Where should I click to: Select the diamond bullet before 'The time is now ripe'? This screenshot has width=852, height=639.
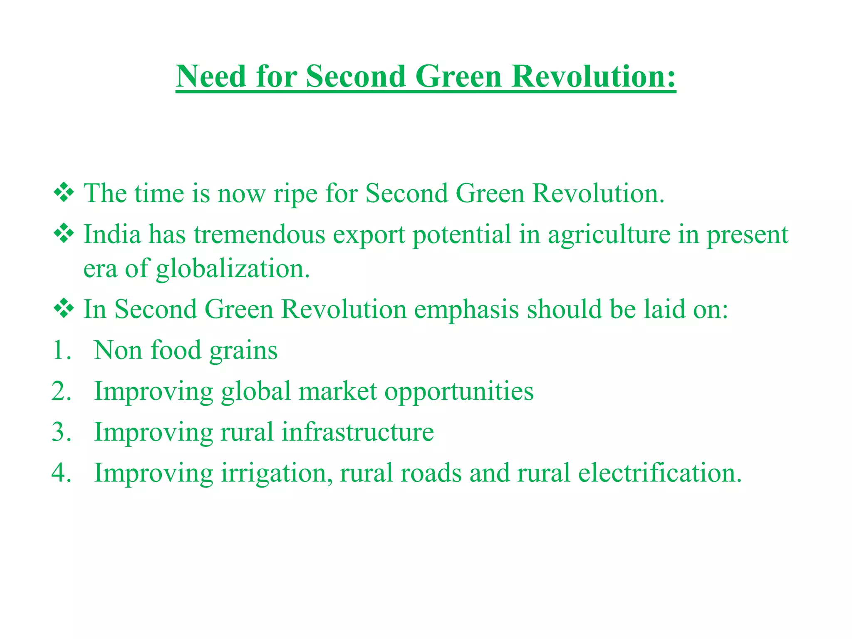[x=64, y=193]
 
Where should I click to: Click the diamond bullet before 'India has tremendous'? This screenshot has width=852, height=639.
[x=64, y=234]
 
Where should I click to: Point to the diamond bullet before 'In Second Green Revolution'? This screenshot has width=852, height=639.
[x=64, y=309]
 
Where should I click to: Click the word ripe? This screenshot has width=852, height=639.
[x=295, y=194]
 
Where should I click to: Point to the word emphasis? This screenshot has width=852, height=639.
[x=466, y=310]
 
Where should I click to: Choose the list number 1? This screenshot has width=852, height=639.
[x=61, y=350]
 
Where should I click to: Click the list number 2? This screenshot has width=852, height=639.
[x=61, y=391]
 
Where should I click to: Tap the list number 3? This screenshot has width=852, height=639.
[x=61, y=432]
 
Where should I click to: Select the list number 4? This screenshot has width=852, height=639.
[x=61, y=473]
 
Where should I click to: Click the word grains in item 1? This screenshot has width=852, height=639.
[x=243, y=351]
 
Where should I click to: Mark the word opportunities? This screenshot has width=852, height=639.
[x=459, y=392]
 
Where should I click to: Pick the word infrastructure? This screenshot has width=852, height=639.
[x=358, y=432]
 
